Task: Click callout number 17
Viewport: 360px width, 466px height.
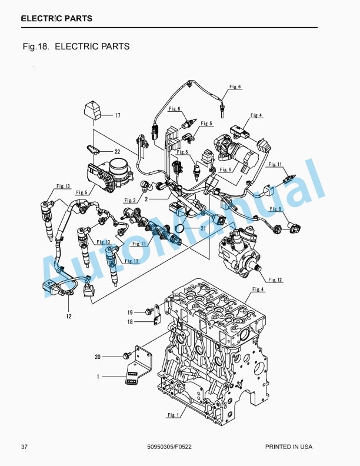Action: tap(118, 115)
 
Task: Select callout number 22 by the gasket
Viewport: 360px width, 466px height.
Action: tap(117, 152)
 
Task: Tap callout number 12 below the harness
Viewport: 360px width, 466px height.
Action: tap(69, 316)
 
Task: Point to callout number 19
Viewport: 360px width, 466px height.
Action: tap(130, 312)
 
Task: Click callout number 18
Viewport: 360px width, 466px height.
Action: tap(130, 322)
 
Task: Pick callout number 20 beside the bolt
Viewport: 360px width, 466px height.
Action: tap(98, 357)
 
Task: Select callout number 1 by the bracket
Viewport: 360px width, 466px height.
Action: tap(98, 377)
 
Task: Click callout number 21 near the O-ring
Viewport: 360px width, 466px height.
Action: tap(203, 228)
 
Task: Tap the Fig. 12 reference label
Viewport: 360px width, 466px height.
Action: tap(275, 279)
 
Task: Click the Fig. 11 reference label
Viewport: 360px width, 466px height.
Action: tap(275, 164)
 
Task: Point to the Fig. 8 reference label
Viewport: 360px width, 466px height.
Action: tap(275, 209)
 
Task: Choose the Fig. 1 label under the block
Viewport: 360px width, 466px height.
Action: tap(173, 415)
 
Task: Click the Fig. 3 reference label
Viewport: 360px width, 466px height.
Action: tap(130, 200)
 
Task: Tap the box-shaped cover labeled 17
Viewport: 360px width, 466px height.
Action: tap(93, 111)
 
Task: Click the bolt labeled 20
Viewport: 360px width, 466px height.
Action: tap(127, 355)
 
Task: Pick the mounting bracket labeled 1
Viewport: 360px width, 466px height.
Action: tap(139, 365)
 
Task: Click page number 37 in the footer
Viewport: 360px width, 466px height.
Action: tap(24, 447)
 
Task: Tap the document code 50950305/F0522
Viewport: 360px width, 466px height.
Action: tap(169, 447)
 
